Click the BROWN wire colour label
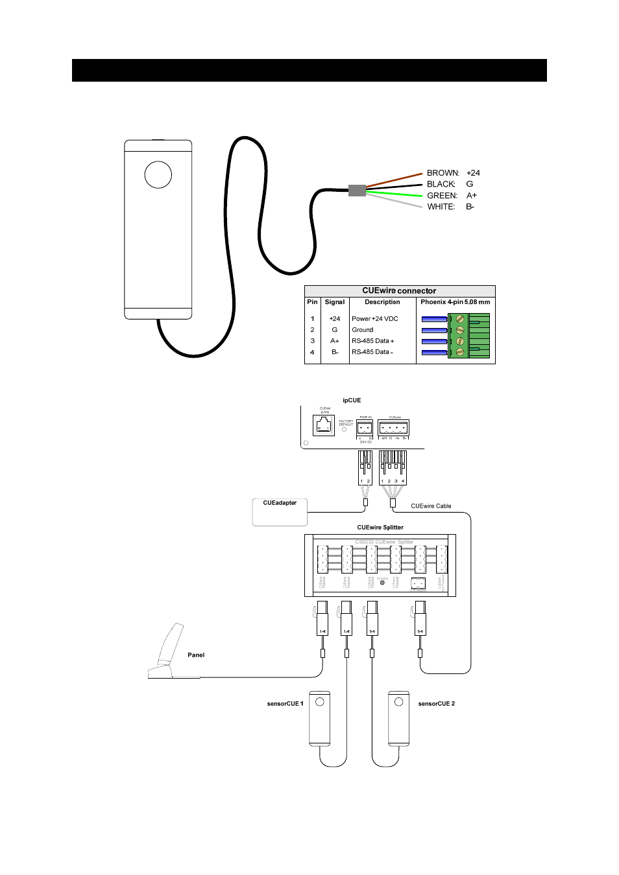click(443, 173)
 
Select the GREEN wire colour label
click(442, 196)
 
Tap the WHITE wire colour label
click(441, 207)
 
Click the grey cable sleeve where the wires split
click(357, 190)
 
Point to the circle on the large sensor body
click(158, 174)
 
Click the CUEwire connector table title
click(399, 291)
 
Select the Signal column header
click(335, 302)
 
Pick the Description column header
click(382, 302)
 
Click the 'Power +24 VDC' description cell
click(375, 319)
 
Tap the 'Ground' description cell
click(363, 330)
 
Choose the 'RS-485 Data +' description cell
click(373, 341)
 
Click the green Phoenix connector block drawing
click(469, 336)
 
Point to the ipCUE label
click(352, 401)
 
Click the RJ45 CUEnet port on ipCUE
click(324, 425)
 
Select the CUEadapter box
click(280, 512)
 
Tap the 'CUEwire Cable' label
click(431, 506)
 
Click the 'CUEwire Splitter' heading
click(380, 528)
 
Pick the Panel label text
click(196, 655)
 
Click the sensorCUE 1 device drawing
click(319, 718)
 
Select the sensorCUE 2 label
click(436, 704)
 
